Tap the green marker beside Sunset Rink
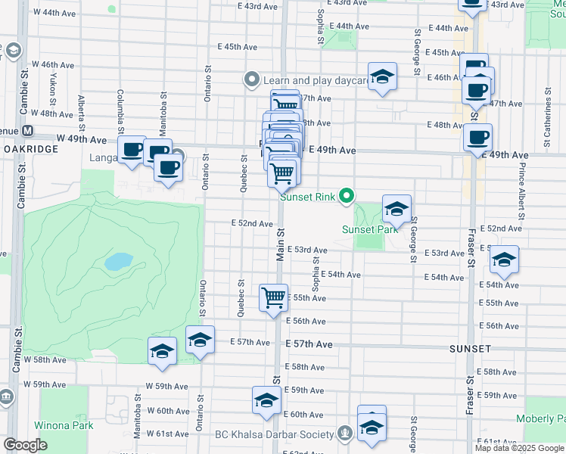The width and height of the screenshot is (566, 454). tap(347, 197)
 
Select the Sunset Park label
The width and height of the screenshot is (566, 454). tap(369, 229)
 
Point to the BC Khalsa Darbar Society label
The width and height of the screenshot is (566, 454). tap(274, 434)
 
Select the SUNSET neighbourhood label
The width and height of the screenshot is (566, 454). tap(470, 349)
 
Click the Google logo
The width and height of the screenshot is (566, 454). tap(26, 445)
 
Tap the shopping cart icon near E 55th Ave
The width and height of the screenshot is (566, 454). tap(273, 297)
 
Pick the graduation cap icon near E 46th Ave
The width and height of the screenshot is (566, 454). tap(383, 76)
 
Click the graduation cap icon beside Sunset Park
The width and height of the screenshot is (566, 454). tap(397, 208)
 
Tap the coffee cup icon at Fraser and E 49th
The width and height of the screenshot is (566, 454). tap(477, 138)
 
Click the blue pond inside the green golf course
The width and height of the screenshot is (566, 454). tap(117, 262)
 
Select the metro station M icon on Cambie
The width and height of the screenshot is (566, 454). tap(27, 130)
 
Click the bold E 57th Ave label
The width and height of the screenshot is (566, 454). tap(309, 344)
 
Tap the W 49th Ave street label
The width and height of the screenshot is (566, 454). tap(82, 139)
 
